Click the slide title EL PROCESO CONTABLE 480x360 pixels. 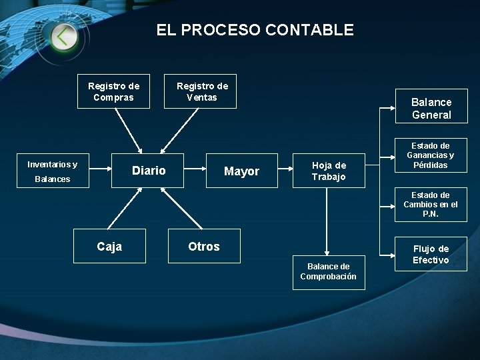click(x=255, y=30)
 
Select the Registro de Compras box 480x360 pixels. click(x=114, y=91)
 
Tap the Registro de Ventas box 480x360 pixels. click(x=202, y=91)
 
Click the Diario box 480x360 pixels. click(x=149, y=171)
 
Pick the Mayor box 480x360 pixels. click(x=241, y=171)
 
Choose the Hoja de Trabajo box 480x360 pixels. click(x=329, y=171)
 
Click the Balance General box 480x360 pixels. click(x=431, y=109)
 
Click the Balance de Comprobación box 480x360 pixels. click(x=328, y=271)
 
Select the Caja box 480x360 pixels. click(x=109, y=247)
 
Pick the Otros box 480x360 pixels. click(x=203, y=247)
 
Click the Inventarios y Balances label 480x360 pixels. click(x=52, y=171)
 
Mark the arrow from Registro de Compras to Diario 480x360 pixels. click(x=127, y=129)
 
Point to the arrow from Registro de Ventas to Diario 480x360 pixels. click(x=181, y=129)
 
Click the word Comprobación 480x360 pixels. click(x=328, y=277)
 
